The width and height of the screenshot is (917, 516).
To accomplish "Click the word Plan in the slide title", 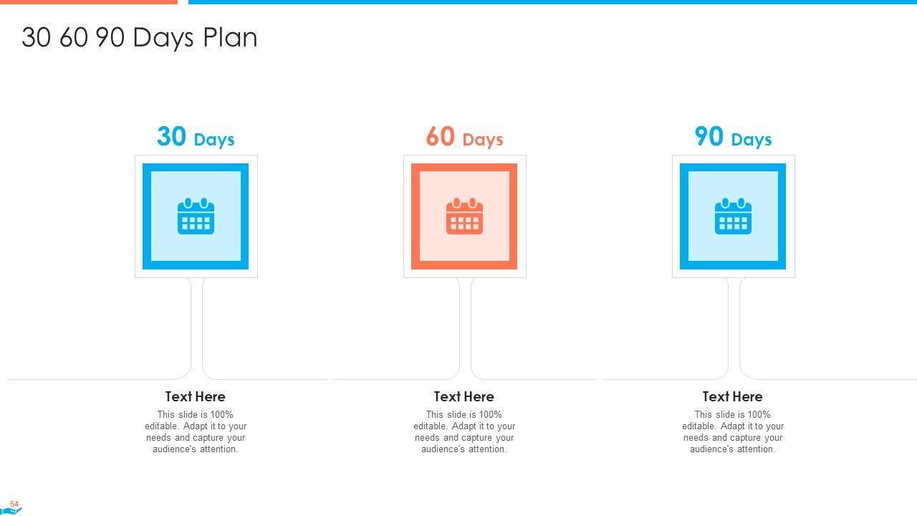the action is tap(230, 38).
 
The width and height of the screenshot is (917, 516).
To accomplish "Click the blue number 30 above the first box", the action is tap(171, 136).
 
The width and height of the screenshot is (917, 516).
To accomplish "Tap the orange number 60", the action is tap(440, 136).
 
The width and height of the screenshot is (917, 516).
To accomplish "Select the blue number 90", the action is tap(709, 136).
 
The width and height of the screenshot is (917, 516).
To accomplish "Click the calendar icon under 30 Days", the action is tap(196, 216).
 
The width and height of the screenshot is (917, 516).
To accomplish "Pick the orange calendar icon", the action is tap(464, 216).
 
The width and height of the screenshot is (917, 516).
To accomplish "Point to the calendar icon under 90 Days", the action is tap(733, 216).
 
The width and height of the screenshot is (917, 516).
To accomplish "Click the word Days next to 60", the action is tap(483, 140).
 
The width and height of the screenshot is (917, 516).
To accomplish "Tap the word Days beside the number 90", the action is tap(752, 140).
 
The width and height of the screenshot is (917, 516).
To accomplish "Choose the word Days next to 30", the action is tap(214, 140).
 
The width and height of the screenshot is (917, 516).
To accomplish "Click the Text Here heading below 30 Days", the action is tap(196, 396).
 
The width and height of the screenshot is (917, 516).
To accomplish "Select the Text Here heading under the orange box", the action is tap(464, 396).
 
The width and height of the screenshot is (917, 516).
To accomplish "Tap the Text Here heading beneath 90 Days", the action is tap(732, 396).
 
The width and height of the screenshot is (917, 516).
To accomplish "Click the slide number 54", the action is tap(14, 504).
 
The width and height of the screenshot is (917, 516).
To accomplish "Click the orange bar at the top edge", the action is tap(89, 2).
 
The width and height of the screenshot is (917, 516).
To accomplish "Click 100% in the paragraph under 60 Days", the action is tap(490, 414).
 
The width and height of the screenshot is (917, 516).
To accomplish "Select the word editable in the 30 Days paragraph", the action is tap(162, 426).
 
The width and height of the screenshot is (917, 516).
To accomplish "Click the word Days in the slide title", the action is tap(163, 39).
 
